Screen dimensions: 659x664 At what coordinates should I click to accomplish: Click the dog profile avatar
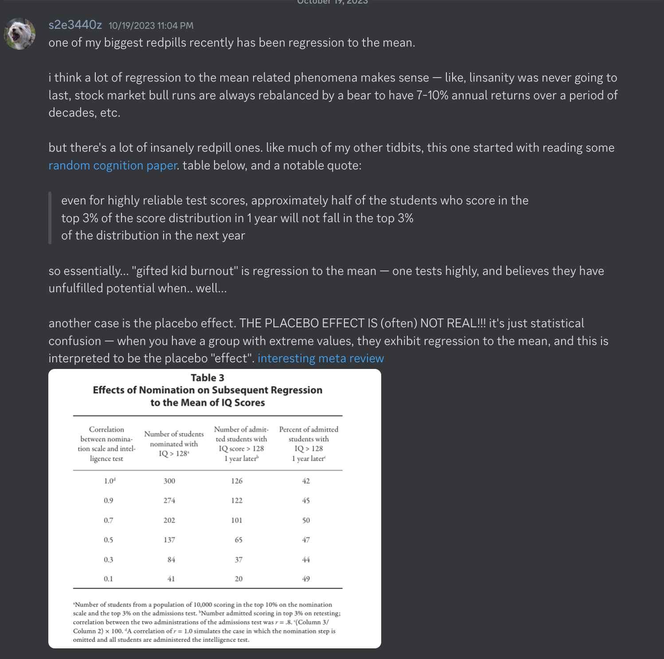(20, 34)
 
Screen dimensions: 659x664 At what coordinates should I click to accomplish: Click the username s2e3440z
(75, 25)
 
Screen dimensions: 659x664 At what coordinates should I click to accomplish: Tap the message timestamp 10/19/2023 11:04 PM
(151, 26)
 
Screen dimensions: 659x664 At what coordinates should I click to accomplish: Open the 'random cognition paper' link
(113, 165)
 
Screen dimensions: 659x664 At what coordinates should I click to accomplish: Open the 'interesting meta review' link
(320, 358)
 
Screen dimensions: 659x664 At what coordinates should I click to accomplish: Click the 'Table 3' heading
(207, 378)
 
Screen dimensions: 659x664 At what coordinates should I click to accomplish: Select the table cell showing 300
(169, 481)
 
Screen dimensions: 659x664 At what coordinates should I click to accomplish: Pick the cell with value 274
(169, 501)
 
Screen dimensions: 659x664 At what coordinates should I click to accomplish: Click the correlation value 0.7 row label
(109, 520)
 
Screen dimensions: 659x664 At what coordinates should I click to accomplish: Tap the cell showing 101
(237, 520)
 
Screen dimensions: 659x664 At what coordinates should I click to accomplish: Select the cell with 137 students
(169, 540)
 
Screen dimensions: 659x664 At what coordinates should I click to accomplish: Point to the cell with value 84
(171, 560)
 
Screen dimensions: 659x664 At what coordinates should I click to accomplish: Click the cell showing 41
(171, 579)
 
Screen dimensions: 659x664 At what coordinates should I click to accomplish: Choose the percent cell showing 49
(306, 579)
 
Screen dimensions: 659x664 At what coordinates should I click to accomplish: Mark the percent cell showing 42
(306, 481)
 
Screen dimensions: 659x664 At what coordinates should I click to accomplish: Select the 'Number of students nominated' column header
(174, 443)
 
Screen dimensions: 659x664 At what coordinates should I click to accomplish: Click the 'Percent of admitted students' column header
(309, 443)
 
